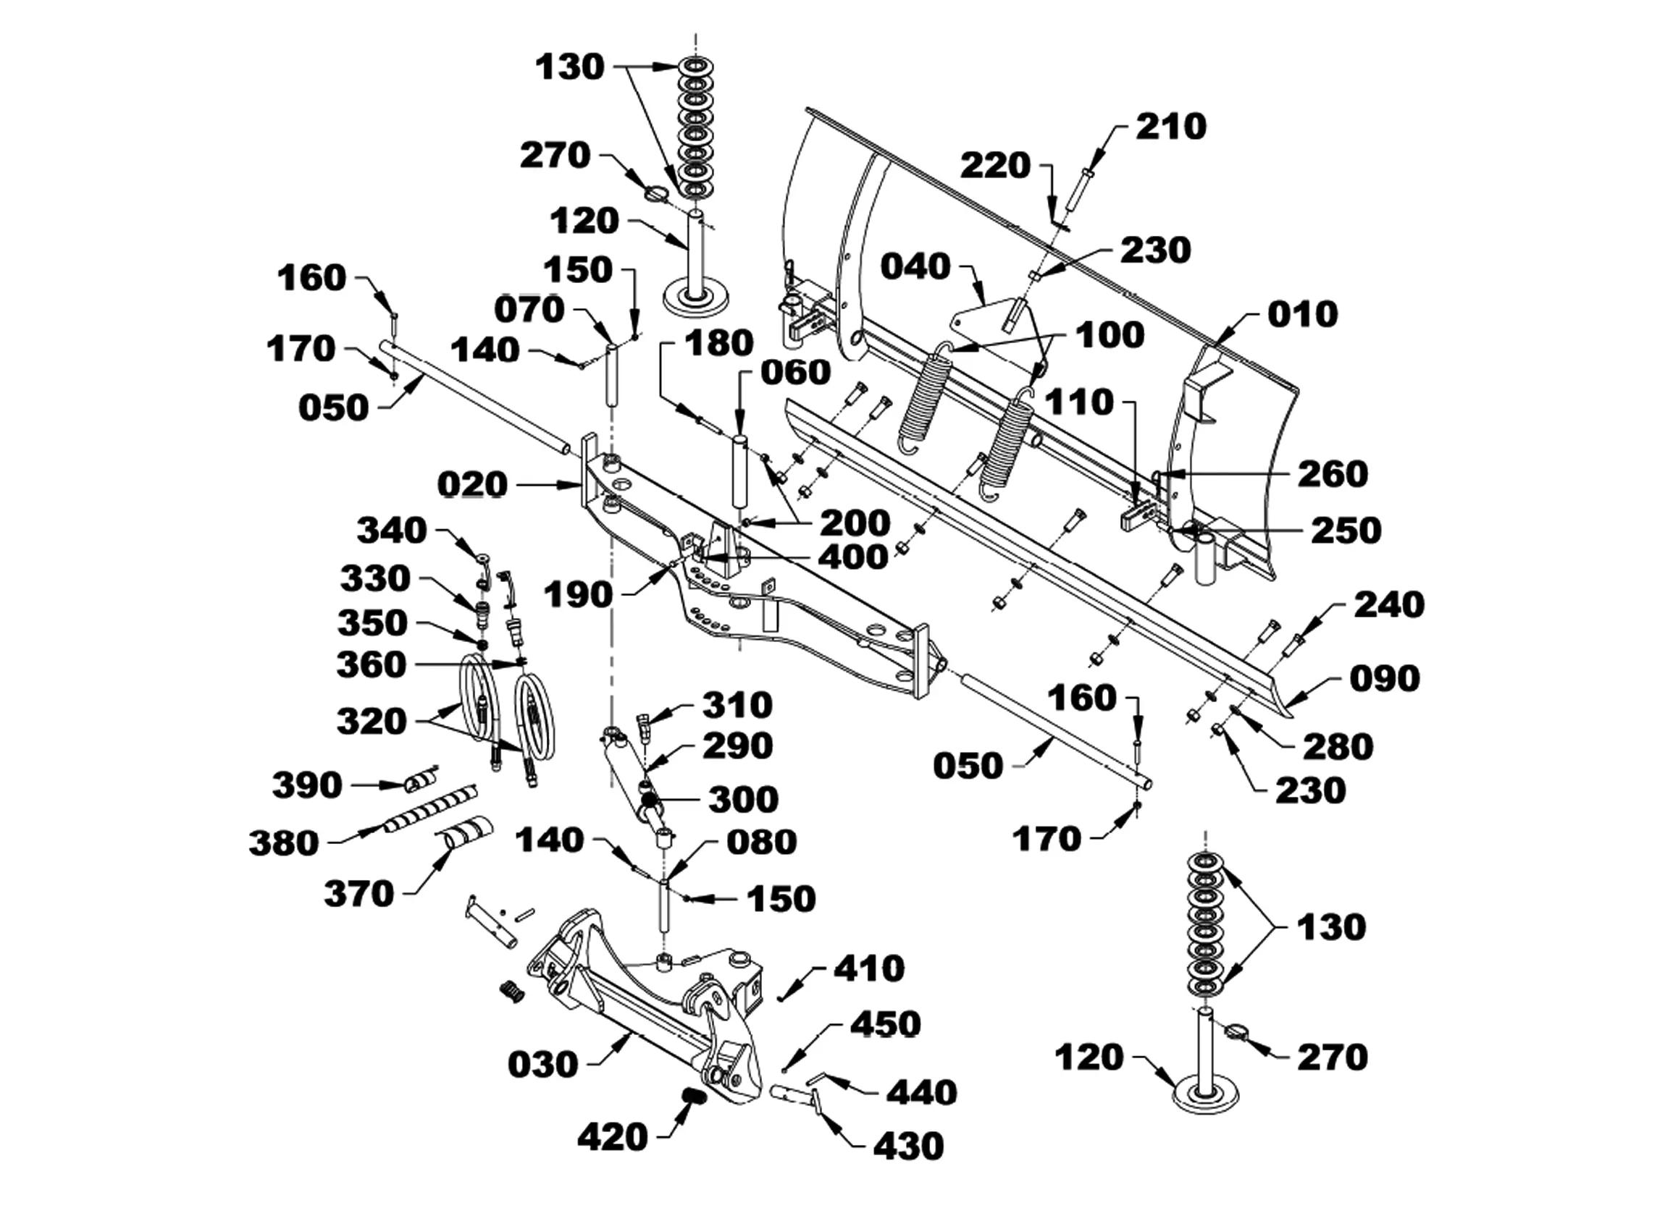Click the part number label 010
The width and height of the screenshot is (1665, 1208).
[x=1302, y=314]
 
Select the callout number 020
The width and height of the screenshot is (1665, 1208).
[x=472, y=485]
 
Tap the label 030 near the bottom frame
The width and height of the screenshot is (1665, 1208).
[x=543, y=1065]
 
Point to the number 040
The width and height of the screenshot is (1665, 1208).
[x=915, y=266]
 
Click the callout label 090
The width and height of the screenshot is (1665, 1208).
[x=1385, y=679]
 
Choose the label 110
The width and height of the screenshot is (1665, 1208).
[x=1079, y=402]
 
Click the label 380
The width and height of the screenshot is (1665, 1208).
[x=283, y=843]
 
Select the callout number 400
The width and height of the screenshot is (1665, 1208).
[x=853, y=558]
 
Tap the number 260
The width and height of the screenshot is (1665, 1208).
[x=1333, y=474]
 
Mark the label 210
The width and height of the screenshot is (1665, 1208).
[x=1171, y=126]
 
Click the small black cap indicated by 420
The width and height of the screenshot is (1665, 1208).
[x=695, y=1097]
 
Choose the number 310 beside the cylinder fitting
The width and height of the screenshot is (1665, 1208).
[x=737, y=705]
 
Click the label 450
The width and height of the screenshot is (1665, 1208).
[x=884, y=1023]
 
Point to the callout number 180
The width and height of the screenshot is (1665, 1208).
[x=718, y=344]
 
